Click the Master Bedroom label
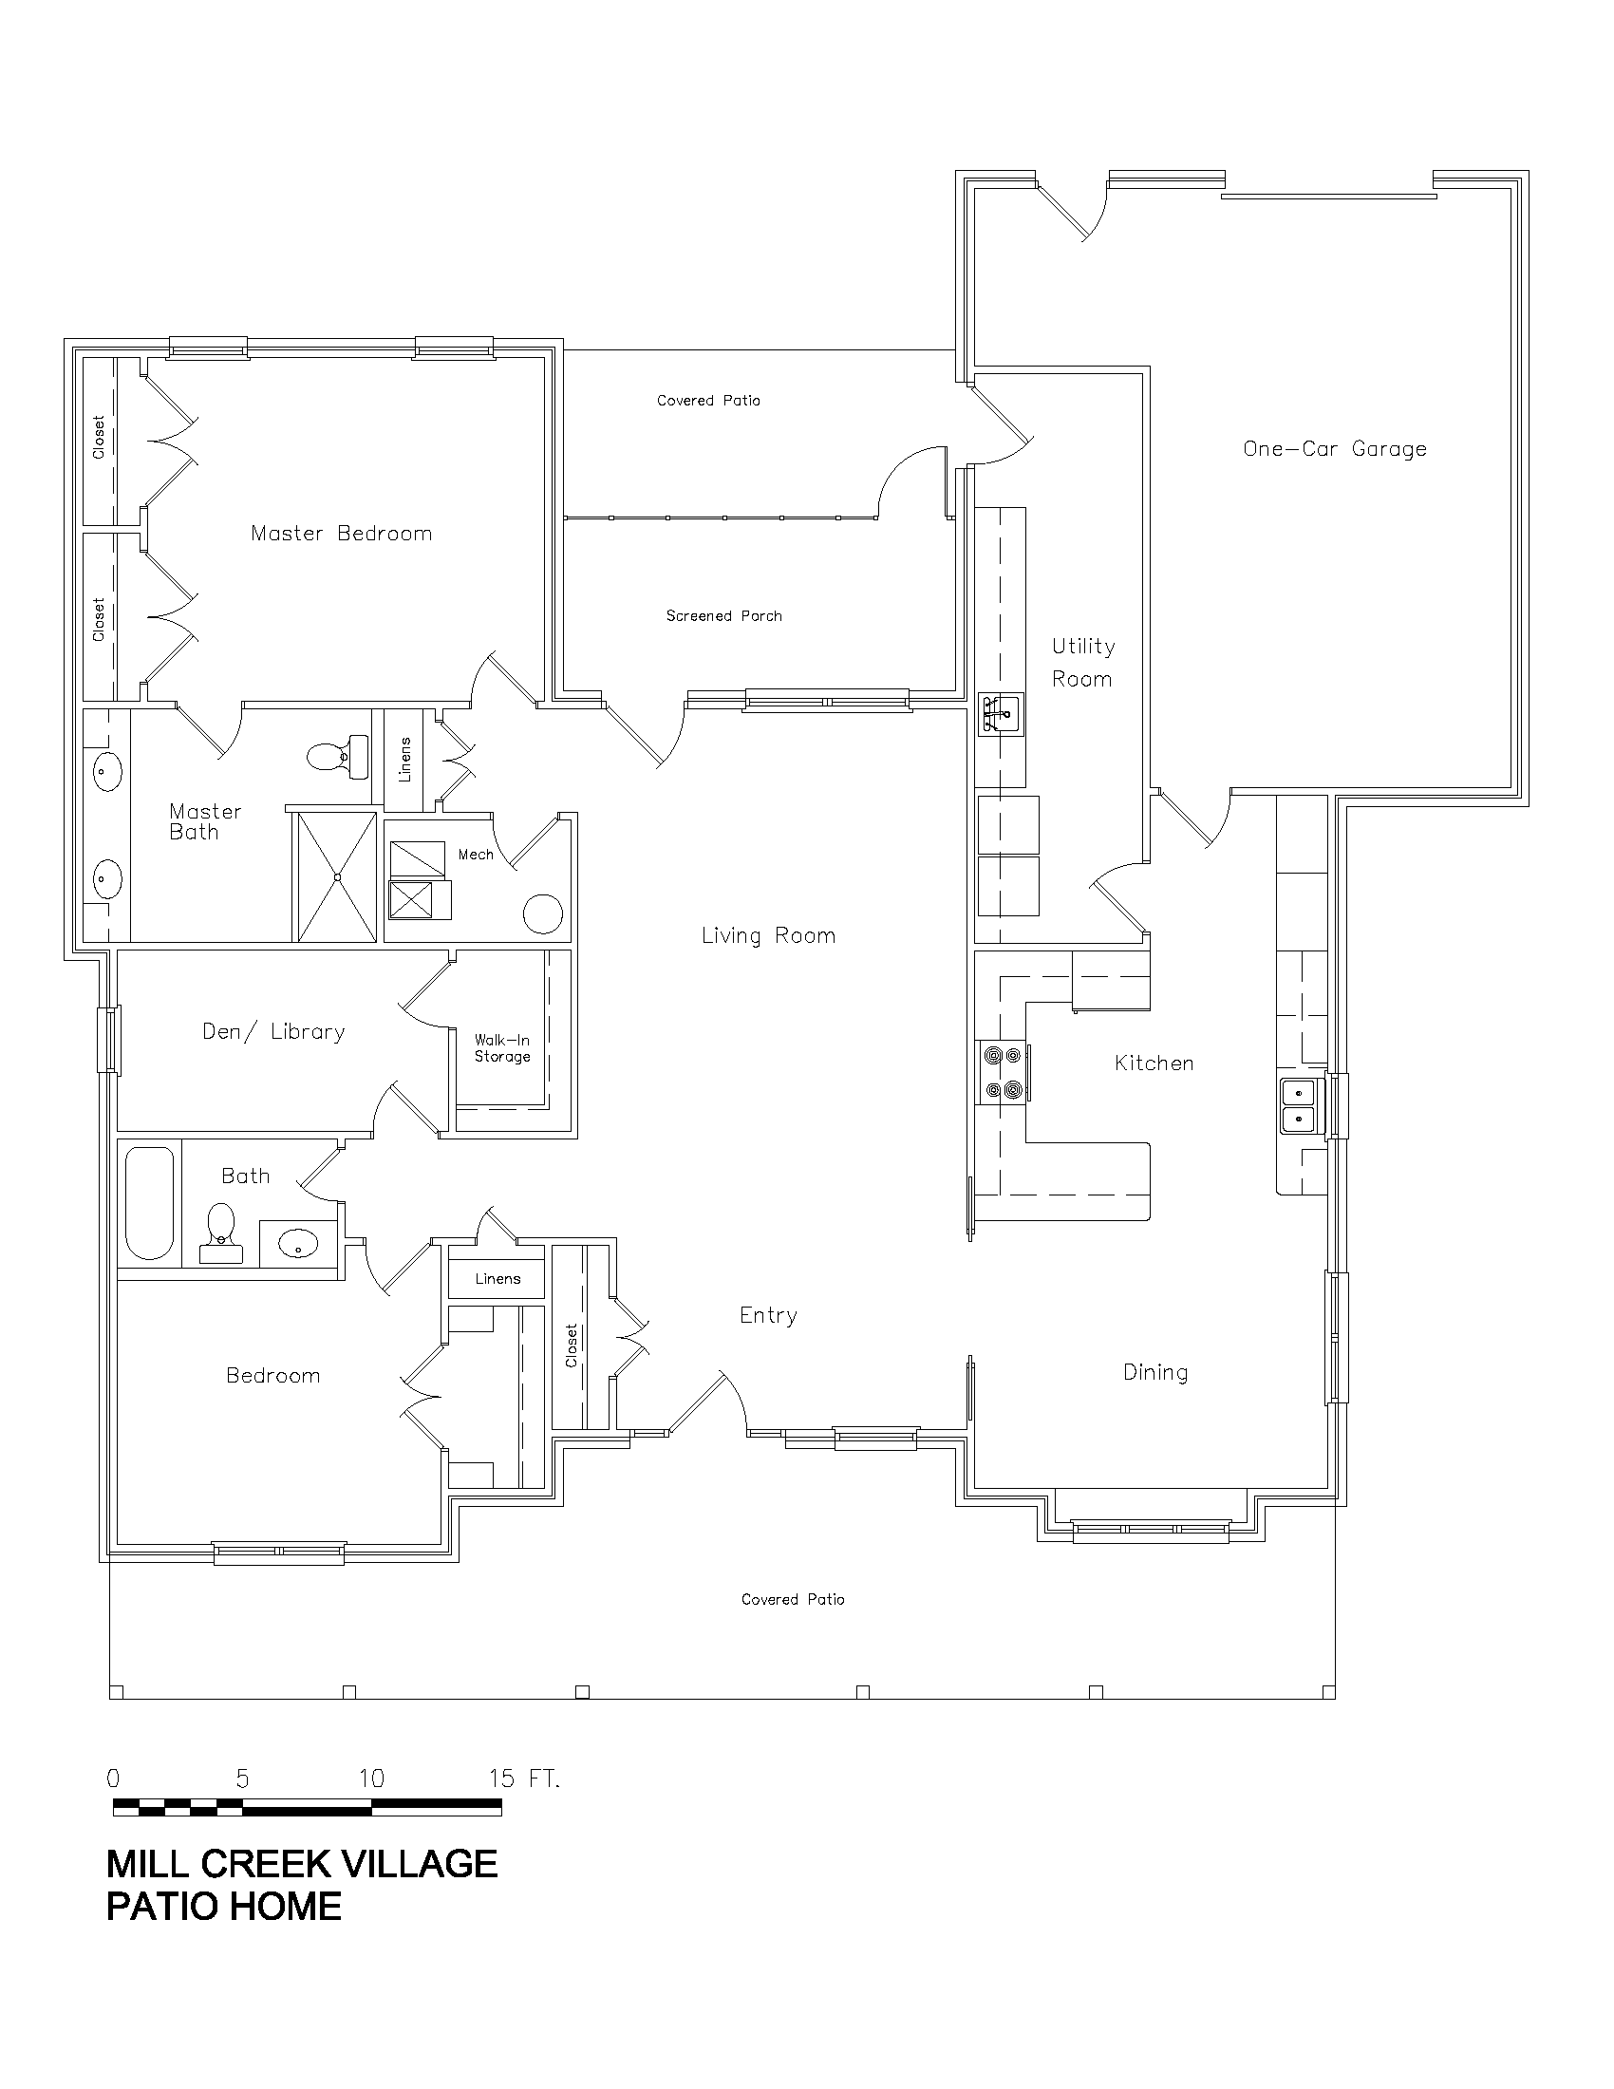[x=342, y=534]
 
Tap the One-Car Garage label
[x=1335, y=448]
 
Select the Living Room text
[x=769, y=935]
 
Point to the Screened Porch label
[x=723, y=616]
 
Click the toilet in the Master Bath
[x=339, y=757]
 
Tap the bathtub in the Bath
[x=150, y=1203]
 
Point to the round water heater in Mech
[x=543, y=913]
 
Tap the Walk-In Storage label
[x=502, y=1048]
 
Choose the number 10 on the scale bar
[x=371, y=1778]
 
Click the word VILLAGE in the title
[x=419, y=1864]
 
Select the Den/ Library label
[x=273, y=1031]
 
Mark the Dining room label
[x=1155, y=1373]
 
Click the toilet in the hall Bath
[x=221, y=1233]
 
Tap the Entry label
[x=768, y=1316]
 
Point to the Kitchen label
[x=1154, y=1063]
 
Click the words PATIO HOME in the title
[x=224, y=1907]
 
